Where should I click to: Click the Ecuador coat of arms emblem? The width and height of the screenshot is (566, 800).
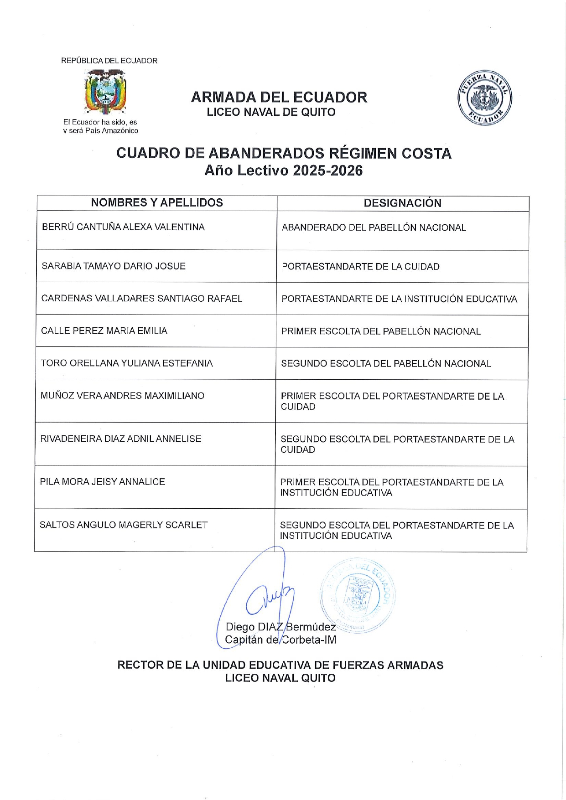(x=105, y=92)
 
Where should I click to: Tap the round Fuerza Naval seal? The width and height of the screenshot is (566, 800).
(x=484, y=98)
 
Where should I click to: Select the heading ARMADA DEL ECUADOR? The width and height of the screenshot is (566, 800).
(x=279, y=97)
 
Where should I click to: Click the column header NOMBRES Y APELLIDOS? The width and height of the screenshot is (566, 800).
(x=157, y=203)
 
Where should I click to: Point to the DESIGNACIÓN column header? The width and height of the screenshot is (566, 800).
(x=402, y=203)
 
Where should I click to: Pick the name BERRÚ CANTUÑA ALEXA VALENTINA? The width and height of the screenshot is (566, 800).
(x=123, y=227)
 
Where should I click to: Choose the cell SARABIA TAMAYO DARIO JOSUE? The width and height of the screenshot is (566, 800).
(x=114, y=266)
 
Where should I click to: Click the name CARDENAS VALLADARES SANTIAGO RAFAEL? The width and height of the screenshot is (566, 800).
(x=141, y=299)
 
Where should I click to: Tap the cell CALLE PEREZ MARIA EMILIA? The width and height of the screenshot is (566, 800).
(x=104, y=331)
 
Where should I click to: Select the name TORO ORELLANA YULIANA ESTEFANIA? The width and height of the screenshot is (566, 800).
(x=127, y=363)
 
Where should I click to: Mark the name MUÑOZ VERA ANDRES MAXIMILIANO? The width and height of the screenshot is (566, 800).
(x=122, y=396)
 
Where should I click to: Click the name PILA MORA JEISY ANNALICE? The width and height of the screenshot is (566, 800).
(x=102, y=482)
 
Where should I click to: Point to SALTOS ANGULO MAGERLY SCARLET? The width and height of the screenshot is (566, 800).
(x=124, y=525)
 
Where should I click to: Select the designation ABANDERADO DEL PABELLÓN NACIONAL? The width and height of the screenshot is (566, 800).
(x=374, y=228)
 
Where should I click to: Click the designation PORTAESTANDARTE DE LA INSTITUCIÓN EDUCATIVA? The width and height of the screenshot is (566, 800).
(x=399, y=299)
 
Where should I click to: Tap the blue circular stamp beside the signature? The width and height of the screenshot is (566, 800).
(x=358, y=595)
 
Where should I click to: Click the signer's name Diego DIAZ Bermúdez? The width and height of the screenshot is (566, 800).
(x=280, y=627)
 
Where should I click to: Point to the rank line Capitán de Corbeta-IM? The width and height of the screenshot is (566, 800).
(x=280, y=640)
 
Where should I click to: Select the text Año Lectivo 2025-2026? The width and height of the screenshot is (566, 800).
(x=283, y=170)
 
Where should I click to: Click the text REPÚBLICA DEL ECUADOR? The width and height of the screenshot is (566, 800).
(x=109, y=61)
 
